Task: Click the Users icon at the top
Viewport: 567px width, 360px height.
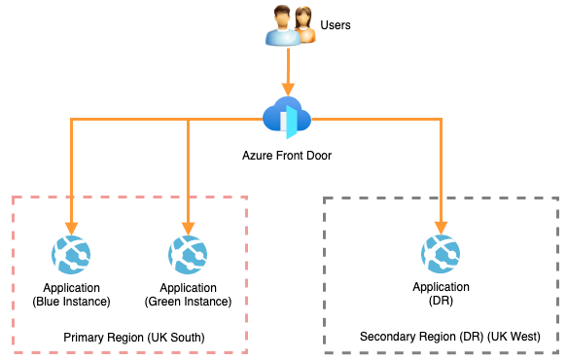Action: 290,25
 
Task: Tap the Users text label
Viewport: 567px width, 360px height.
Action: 336,23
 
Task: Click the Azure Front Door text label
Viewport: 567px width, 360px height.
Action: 287,155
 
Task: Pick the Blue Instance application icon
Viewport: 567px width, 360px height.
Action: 71,256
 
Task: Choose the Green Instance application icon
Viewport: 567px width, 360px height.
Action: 188,256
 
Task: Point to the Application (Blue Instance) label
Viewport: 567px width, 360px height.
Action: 71,294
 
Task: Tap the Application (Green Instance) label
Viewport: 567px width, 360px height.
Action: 188,294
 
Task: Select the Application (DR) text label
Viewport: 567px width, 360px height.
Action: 441,294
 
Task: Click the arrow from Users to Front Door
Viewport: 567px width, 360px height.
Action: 287,73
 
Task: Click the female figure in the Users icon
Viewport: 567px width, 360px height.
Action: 303,25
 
